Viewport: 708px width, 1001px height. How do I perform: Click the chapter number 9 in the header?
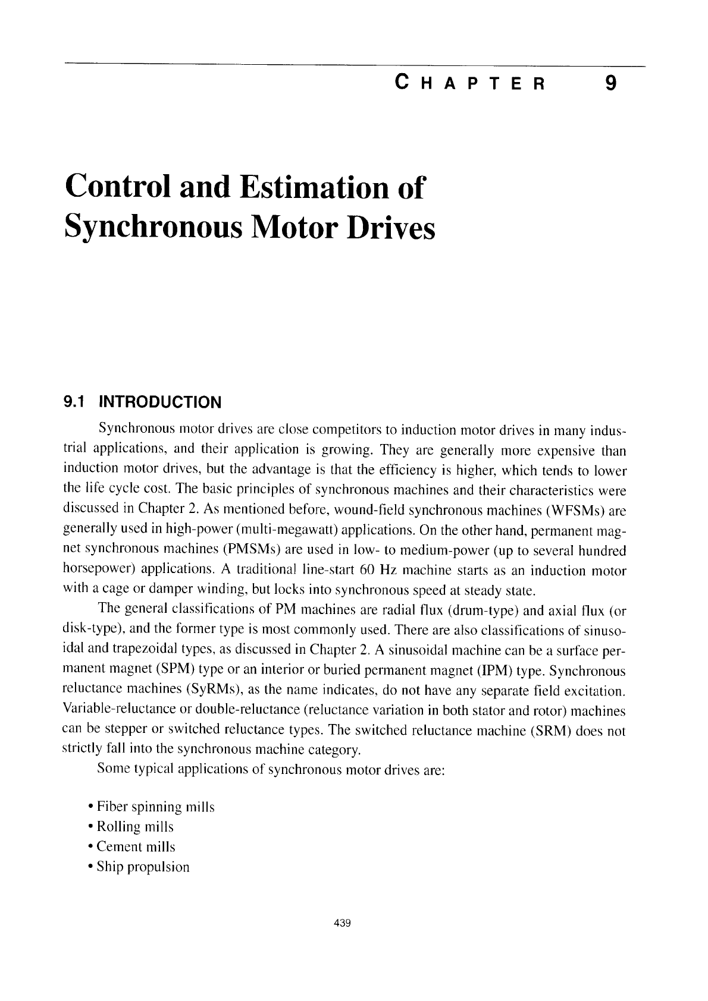[608, 84]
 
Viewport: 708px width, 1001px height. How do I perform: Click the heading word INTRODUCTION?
[159, 402]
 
